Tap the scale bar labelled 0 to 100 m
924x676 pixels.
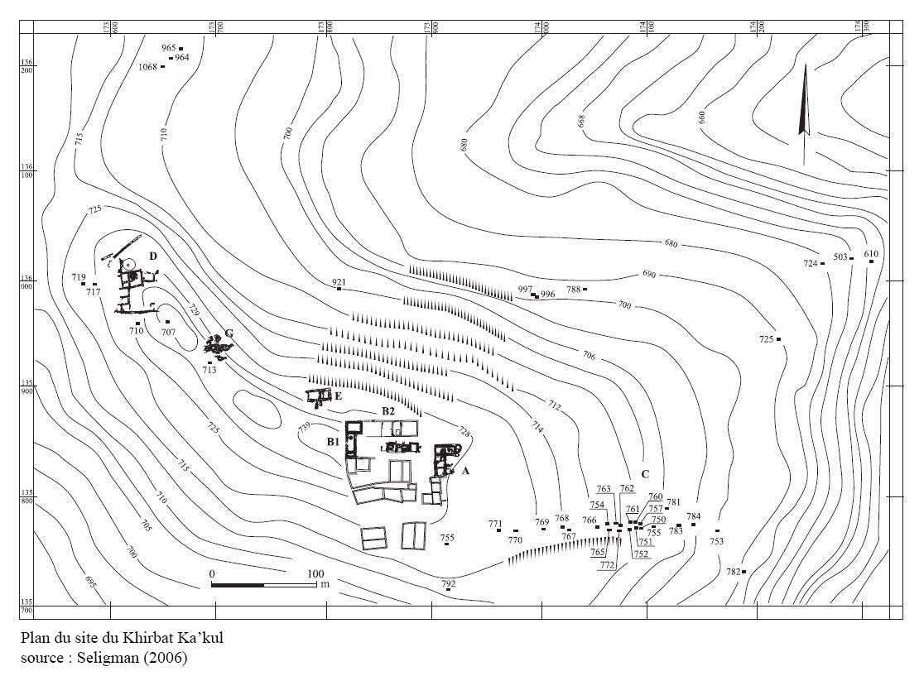coord(264,584)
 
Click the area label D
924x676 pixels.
coord(152,256)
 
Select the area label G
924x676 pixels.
coord(229,333)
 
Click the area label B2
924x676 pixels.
coord(387,411)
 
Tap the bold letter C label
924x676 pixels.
coord(644,474)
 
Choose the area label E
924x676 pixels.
coord(338,396)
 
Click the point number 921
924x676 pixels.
coord(339,283)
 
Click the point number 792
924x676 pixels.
coord(449,584)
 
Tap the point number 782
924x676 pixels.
coord(734,572)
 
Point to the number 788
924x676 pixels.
coord(573,290)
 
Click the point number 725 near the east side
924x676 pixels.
coord(766,339)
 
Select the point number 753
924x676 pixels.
coord(716,541)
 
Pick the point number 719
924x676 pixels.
coord(79,277)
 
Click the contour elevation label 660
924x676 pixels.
coord(703,117)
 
